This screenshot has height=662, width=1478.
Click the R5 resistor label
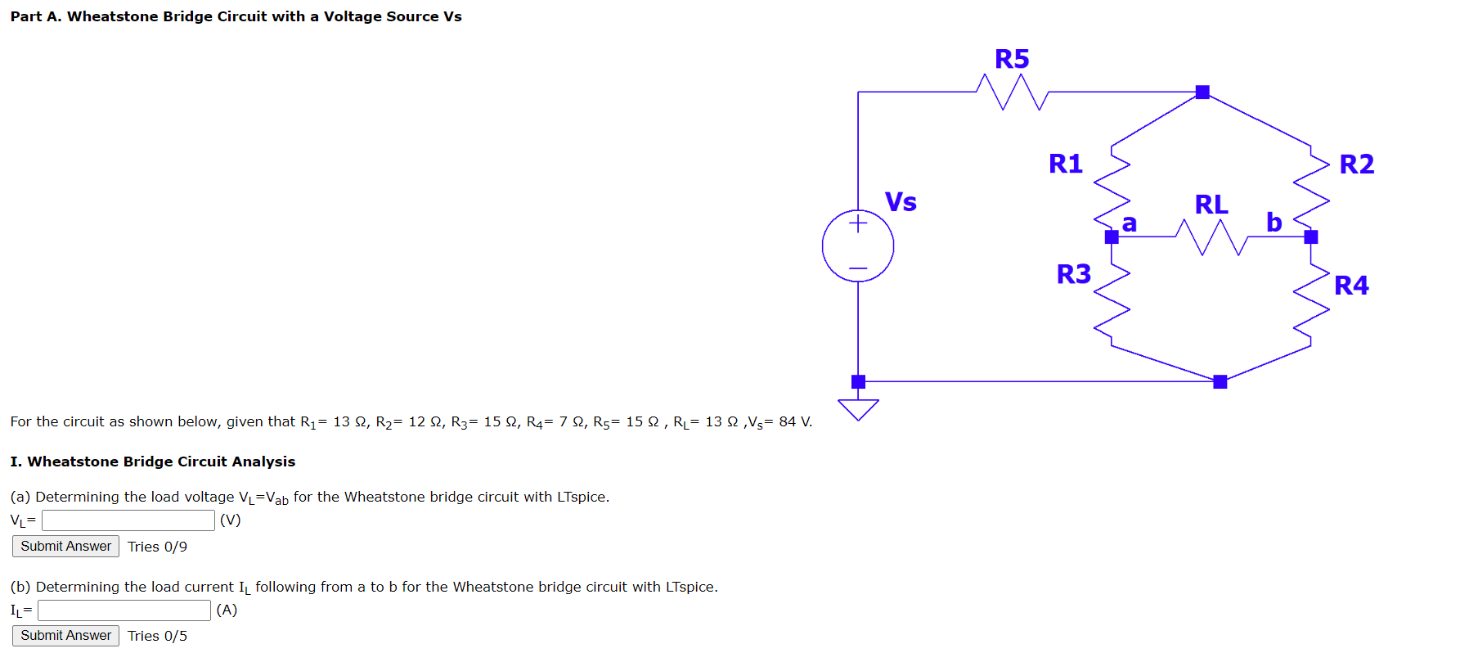pyautogui.click(x=1012, y=59)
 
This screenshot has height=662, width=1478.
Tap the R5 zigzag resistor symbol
pyautogui.click(x=1013, y=92)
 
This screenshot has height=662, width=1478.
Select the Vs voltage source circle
pyautogui.click(x=858, y=246)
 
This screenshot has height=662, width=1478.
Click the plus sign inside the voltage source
pyautogui.click(x=858, y=223)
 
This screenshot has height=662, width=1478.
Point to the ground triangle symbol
pyautogui.click(x=858, y=408)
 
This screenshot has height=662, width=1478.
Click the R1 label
pyautogui.click(x=1065, y=164)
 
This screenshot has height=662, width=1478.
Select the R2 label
pyautogui.click(x=1356, y=164)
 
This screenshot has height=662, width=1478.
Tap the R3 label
pyautogui.click(x=1073, y=273)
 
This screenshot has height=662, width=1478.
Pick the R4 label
pyautogui.click(x=1351, y=285)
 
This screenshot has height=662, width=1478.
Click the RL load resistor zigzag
pyautogui.click(x=1211, y=236)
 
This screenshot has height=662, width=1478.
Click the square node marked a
pyautogui.click(x=1112, y=237)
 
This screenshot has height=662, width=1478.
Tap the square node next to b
pyautogui.click(x=1311, y=237)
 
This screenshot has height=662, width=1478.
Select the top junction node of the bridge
pyautogui.click(x=1202, y=92)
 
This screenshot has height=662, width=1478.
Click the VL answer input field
pyautogui.click(x=128, y=520)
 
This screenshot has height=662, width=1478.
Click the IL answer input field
pyautogui.click(x=124, y=610)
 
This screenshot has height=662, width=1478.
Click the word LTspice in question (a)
pyautogui.click(x=581, y=497)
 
